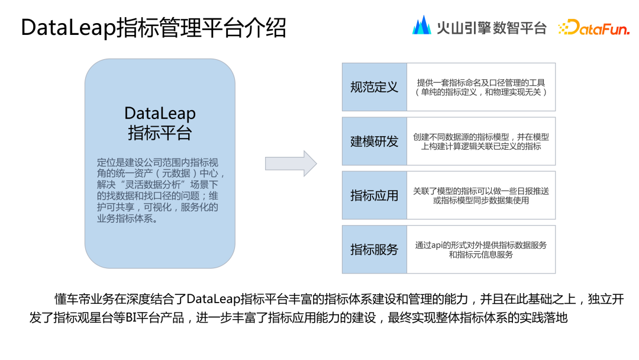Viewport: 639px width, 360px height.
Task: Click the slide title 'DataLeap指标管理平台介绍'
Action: (x=153, y=28)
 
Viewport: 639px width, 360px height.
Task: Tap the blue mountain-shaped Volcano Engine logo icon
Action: (x=421, y=25)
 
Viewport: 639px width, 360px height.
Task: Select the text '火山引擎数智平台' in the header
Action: (x=491, y=27)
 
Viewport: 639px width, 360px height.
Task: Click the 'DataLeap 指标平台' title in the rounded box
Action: (x=160, y=123)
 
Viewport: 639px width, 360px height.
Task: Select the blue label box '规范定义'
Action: (x=374, y=87)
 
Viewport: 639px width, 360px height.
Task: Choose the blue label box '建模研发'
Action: (x=374, y=142)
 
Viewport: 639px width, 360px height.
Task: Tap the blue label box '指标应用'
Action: (x=374, y=195)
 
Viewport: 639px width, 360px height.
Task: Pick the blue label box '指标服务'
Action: (x=374, y=249)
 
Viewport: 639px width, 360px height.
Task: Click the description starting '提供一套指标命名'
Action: (x=480, y=87)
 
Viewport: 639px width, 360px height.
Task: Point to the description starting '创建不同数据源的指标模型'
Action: (x=480, y=142)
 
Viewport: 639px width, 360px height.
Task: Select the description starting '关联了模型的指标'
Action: (x=480, y=195)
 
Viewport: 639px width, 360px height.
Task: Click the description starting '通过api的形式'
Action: (x=480, y=249)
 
